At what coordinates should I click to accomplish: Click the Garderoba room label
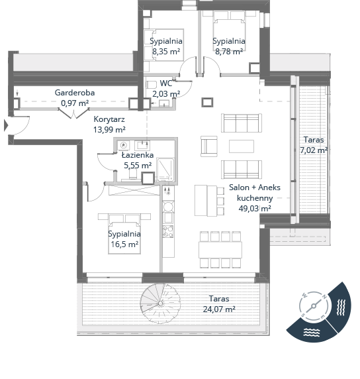point(75,93)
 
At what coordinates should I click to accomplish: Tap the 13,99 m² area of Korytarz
point(109,130)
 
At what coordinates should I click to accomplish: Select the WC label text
point(166,83)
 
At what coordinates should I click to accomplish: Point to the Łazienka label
point(138,154)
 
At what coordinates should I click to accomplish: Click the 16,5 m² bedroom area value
point(124,244)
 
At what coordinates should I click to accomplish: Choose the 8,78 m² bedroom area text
point(229,52)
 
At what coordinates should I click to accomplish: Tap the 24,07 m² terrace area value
point(219,309)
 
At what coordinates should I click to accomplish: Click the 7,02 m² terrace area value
point(314,150)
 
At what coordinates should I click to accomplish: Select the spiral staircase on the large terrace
point(161,303)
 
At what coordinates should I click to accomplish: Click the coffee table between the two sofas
point(242,146)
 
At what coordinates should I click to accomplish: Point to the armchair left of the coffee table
point(209,146)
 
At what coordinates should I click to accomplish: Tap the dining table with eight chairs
point(220,250)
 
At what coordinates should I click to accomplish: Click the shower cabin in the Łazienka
point(165,170)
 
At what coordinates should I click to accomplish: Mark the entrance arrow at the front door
point(6,125)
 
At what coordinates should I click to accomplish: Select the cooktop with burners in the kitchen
point(168,231)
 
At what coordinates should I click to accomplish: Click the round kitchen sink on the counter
point(168,207)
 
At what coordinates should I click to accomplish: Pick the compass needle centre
point(314,306)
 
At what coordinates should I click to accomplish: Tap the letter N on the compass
point(325,296)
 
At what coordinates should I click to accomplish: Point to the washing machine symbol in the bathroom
point(124,145)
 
